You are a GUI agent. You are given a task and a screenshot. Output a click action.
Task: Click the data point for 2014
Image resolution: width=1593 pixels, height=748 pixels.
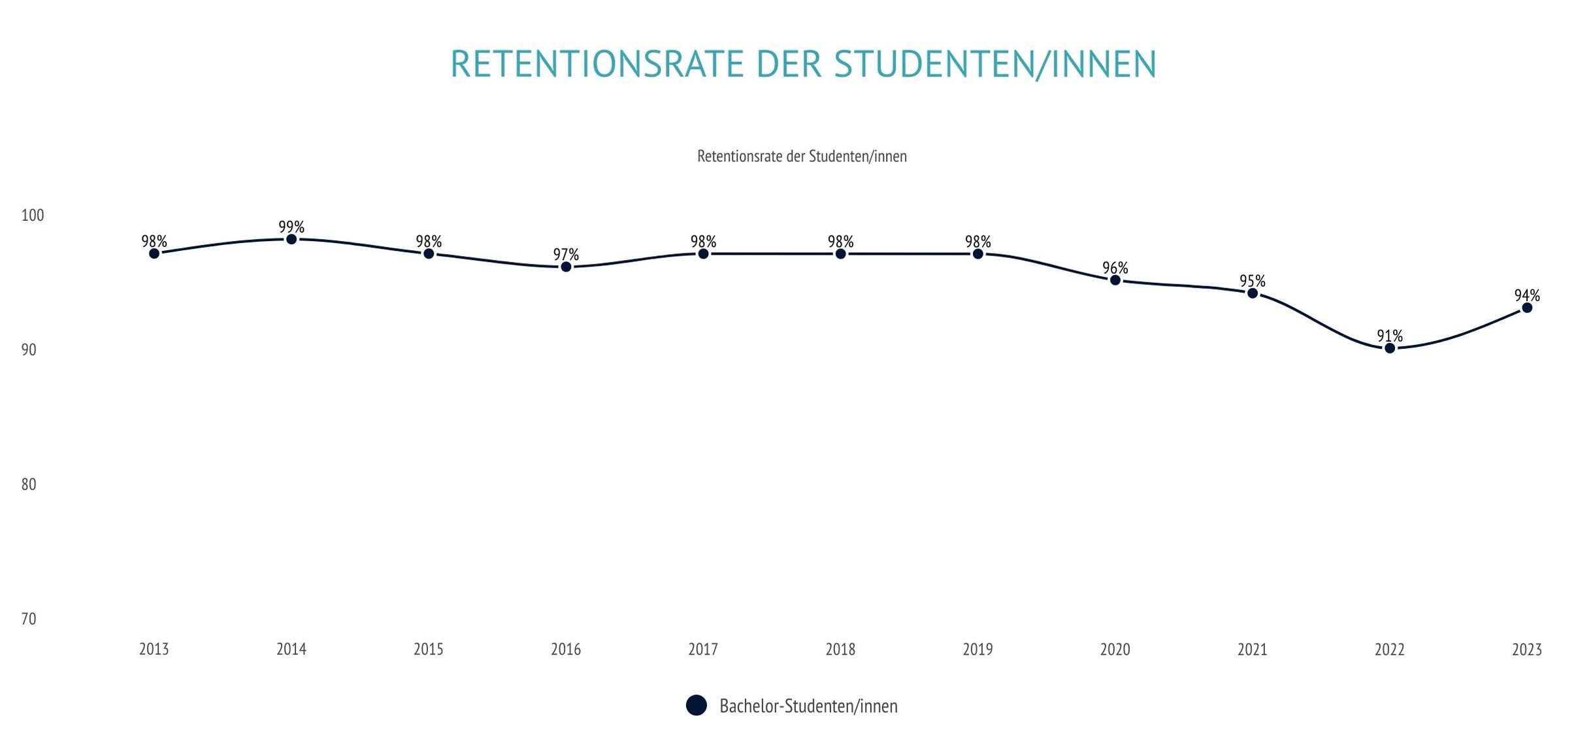(x=291, y=240)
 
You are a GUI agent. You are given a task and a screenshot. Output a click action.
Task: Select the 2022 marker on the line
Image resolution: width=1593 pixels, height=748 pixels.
(x=1390, y=348)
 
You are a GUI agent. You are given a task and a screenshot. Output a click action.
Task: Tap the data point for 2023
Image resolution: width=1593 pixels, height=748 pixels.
(x=1527, y=308)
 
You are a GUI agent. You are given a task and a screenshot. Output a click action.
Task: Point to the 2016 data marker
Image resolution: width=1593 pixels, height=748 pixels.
(x=566, y=267)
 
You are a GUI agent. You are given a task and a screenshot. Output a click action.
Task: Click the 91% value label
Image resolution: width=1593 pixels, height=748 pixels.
(x=1390, y=336)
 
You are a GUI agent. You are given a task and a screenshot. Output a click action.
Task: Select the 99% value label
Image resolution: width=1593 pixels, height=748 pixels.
(x=291, y=227)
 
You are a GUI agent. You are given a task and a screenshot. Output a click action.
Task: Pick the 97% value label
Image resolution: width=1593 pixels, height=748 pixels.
(x=566, y=254)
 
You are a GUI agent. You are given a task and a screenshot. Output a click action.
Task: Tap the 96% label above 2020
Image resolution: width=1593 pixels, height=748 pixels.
(x=1115, y=268)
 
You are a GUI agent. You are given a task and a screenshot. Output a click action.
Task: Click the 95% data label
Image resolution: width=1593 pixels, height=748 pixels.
(x=1252, y=281)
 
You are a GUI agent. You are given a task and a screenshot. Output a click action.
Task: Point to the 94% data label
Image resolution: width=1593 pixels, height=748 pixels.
(x=1527, y=295)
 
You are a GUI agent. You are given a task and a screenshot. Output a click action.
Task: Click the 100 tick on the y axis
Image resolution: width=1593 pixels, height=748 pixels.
(x=32, y=215)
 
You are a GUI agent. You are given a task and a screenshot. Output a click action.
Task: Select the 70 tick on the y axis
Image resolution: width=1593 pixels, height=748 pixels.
(x=28, y=619)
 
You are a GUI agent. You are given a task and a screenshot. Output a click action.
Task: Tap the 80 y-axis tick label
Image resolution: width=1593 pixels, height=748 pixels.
(x=28, y=484)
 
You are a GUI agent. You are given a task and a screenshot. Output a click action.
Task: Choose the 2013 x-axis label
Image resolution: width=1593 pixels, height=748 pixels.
(x=154, y=649)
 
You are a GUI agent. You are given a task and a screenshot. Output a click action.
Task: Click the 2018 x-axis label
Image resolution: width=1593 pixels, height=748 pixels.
(x=840, y=649)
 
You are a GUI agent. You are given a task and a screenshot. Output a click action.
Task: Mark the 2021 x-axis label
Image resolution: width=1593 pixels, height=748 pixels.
(x=1252, y=649)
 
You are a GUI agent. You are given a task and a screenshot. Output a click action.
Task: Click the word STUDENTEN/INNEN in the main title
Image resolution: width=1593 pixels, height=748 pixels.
(x=995, y=64)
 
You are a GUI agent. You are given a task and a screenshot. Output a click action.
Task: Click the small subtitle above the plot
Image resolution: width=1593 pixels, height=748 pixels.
(x=802, y=156)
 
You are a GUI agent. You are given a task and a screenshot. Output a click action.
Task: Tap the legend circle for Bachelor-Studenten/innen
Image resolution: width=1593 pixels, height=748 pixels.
(x=697, y=706)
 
